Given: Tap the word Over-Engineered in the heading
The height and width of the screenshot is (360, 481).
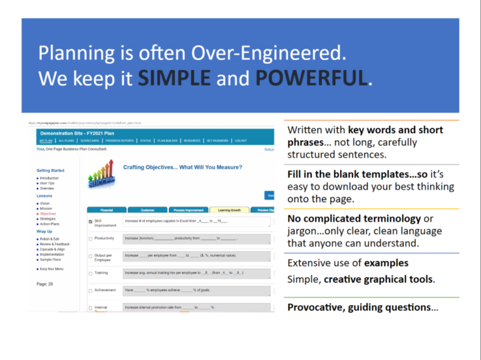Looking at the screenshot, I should [x=274, y=52].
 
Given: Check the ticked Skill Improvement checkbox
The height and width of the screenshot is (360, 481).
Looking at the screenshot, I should [x=91, y=222].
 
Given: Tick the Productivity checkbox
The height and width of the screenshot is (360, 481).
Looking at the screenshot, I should [x=91, y=239].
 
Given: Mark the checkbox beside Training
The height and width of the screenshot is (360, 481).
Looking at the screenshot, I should [x=91, y=273].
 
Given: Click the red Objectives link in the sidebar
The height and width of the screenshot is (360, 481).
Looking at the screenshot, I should [x=48, y=213].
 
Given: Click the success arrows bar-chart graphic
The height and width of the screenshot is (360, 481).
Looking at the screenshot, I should [x=101, y=175].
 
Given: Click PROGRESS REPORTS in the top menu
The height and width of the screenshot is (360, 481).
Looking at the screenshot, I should [x=121, y=141].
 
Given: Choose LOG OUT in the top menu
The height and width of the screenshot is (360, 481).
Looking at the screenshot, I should [x=240, y=141].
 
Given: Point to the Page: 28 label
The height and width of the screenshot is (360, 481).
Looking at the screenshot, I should [x=46, y=284].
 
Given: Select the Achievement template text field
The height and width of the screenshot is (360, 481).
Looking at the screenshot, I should [x=197, y=291].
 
